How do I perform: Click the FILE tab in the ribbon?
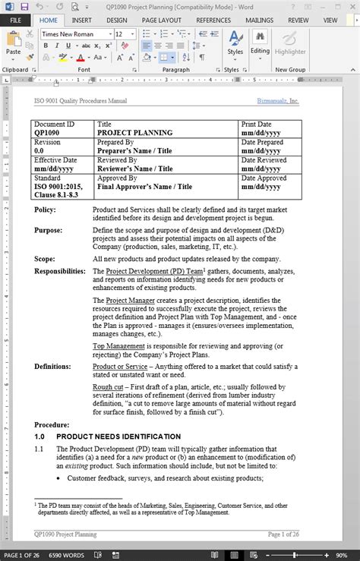point(16,20)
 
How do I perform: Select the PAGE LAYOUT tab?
point(162,20)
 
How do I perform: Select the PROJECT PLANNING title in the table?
point(134,133)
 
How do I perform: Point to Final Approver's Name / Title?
point(144,187)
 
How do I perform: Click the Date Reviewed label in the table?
point(264,160)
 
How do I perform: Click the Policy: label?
point(45,209)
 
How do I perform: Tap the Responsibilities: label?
point(60,270)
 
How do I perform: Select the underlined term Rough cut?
point(107,386)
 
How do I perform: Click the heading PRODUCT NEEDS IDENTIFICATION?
point(118,437)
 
